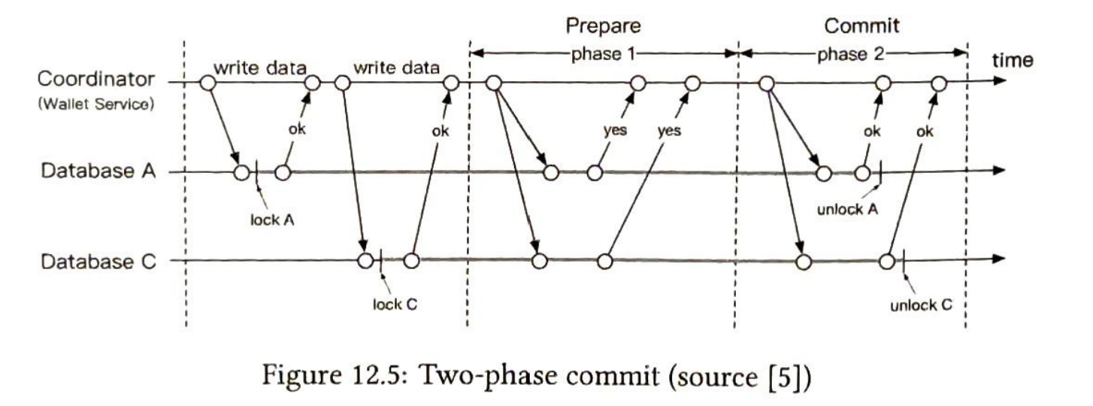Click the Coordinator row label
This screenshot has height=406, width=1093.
(96, 79)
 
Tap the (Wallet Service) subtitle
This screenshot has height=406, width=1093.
(96, 104)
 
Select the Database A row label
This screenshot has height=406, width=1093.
(98, 171)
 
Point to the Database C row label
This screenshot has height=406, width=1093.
(98, 262)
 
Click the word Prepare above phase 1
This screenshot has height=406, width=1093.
(603, 26)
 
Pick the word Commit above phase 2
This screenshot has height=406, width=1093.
(861, 26)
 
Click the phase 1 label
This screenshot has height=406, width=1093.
(603, 53)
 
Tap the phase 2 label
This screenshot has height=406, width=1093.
(850, 53)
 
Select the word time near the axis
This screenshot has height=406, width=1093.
(1013, 60)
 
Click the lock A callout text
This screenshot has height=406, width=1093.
(272, 220)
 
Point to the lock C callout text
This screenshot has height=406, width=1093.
(395, 304)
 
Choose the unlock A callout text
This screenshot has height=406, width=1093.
(847, 209)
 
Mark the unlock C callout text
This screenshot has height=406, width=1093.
(922, 305)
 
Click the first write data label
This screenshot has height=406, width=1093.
(260, 68)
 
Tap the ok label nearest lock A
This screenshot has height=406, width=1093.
(297, 129)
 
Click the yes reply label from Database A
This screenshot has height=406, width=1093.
(615, 130)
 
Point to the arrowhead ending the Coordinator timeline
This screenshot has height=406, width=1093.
(1000, 81)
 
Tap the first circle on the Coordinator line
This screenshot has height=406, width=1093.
(208, 83)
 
